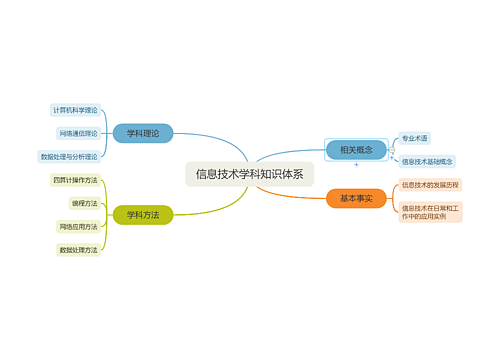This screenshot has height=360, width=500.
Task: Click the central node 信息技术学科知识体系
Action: pos(249,173)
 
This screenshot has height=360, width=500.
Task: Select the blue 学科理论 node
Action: pos(143,132)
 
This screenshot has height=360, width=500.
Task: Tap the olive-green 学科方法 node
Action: pos(143,214)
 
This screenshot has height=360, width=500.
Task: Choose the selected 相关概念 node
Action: pos(356,150)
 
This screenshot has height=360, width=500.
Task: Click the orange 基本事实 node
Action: pos(356,199)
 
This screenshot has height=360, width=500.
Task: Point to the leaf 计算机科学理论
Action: pos(76,110)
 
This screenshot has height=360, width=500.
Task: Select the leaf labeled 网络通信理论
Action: pos(78,133)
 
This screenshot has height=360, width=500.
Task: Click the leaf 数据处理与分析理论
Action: pos(69,156)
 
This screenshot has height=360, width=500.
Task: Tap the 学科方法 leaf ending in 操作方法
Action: pos(75,180)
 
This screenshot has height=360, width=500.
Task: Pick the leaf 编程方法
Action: pos(84,203)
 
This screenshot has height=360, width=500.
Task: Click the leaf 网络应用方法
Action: pos(78,226)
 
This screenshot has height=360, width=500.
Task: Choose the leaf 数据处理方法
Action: pos(78,249)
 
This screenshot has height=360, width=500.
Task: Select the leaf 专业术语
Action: pos(414,138)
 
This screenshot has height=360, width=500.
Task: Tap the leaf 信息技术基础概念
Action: pos(427,161)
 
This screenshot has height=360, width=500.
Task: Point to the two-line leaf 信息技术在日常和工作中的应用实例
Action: pos(430,212)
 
